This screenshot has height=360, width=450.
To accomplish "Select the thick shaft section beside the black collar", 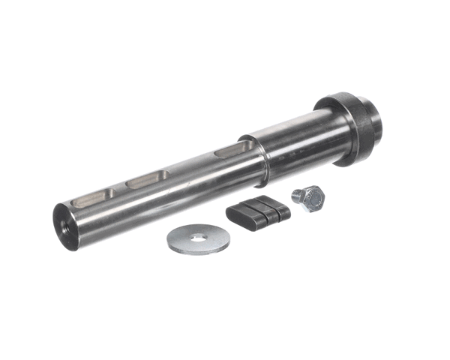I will pyautogui.click(x=300, y=146).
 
